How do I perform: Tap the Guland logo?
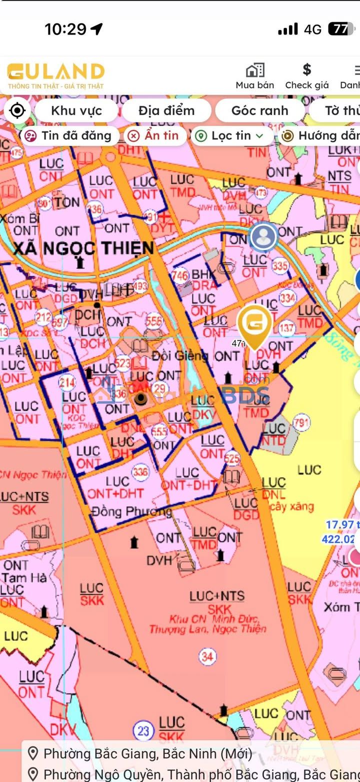click(x=55, y=75)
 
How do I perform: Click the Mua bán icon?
click(x=255, y=76)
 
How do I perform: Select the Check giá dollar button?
click(x=306, y=76)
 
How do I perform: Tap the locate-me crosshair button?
click(x=17, y=110)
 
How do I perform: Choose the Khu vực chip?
click(x=76, y=110)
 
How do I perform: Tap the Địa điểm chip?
click(x=166, y=110)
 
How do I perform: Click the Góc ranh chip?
click(x=259, y=110)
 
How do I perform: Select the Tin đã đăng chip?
click(x=69, y=135)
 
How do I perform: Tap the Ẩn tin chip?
click(x=155, y=135)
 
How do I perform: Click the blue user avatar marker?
click(x=263, y=237)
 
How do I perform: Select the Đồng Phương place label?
click(x=132, y=511)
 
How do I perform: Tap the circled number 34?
click(x=207, y=656)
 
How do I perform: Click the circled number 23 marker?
click(x=143, y=731)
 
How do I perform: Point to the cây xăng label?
click(x=292, y=507)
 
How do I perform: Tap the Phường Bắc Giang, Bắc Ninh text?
click(x=147, y=753)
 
